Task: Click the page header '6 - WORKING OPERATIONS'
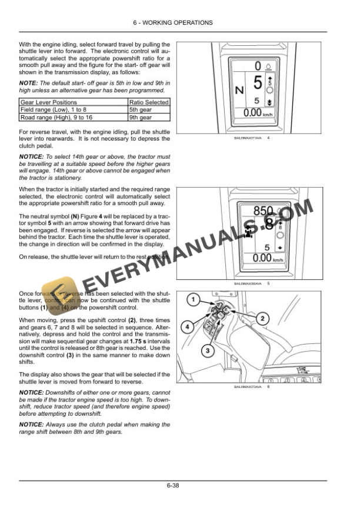click(180, 22)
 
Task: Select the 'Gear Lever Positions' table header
click(49, 102)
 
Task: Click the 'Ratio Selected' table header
click(149, 102)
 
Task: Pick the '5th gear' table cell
click(141, 109)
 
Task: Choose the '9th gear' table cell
click(141, 117)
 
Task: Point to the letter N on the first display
click(239, 91)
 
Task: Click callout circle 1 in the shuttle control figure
click(192, 300)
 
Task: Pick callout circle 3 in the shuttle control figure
click(207, 351)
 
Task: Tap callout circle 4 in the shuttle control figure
click(185, 325)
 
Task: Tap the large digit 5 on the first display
click(258, 83)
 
